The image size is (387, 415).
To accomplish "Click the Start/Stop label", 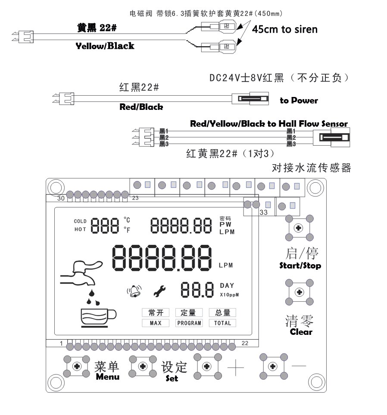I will (300, 265).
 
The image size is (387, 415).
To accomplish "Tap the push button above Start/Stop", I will (298, 227).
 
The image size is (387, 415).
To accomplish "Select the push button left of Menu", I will (77, 366).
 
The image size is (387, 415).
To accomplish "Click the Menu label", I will (107, 377).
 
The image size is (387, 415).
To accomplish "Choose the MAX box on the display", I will (155, 323).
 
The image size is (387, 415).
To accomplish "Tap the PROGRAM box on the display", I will (189, 323).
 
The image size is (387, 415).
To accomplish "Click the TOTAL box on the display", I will (222, 323).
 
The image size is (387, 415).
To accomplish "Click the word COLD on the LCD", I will (80, 221).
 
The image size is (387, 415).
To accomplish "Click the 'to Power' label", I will (299, 101).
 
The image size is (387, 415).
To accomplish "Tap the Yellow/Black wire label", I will (105, 46).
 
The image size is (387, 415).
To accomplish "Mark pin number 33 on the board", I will (264, 212).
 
